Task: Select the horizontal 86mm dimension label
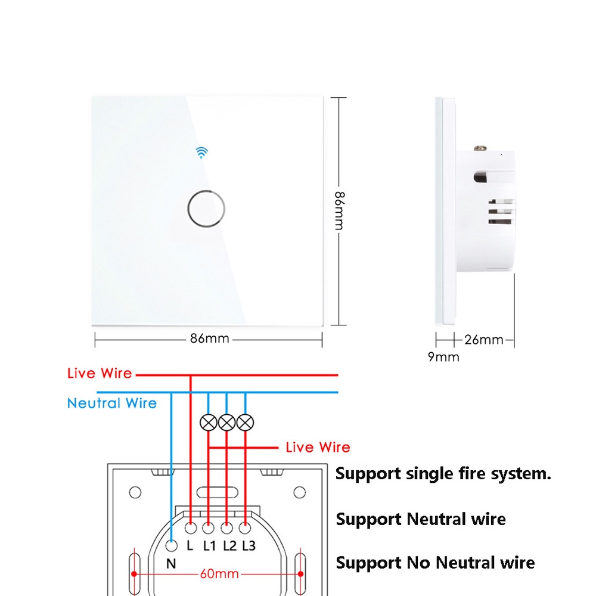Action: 210,339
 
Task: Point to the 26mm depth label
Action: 484,340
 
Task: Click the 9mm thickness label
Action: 443,357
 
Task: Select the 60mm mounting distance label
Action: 219,575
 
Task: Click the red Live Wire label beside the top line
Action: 100,374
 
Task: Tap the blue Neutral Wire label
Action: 111,403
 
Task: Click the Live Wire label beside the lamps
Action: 318,448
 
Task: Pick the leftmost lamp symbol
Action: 208,423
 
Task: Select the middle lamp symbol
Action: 226,423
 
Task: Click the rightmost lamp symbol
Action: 245,423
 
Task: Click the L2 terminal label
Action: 229,545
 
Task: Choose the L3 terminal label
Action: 248,545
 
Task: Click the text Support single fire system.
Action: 443,474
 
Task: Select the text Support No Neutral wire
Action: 435,563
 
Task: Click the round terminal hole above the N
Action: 172,545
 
